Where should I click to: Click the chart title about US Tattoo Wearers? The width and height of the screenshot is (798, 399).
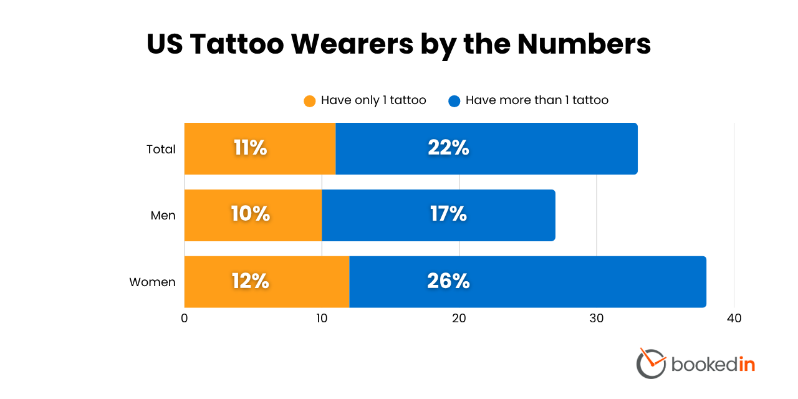[399, 45]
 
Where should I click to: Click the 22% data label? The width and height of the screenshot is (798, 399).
[448, 148]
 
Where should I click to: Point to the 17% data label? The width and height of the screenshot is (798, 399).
[448, 214]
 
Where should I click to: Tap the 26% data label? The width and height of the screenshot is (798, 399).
[448, 281]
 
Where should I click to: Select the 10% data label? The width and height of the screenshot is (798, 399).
[250, 214]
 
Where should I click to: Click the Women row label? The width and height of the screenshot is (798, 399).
[152, 282]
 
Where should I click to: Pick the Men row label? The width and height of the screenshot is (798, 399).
[163, 216]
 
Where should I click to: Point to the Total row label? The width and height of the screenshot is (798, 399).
[161, 149]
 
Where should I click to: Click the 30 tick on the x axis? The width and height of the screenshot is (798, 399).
[597, 319]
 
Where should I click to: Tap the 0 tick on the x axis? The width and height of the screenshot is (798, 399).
[185, 319]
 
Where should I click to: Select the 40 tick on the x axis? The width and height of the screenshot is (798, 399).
[734, 319]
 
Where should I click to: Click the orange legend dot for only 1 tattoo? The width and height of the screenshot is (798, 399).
[310, 101]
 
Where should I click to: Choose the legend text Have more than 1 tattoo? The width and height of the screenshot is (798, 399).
[537, 100]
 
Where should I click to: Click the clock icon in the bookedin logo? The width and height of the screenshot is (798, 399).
[651, 363]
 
